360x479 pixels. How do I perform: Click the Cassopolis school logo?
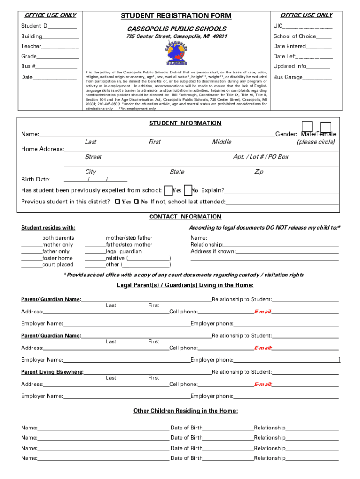coord(176,54)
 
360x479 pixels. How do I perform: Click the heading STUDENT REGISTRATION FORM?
coord(176,16)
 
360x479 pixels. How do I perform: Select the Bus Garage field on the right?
coord(302,77)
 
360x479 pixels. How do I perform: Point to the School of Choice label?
coord(295,36)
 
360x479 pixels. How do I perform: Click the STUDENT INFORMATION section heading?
coord(185,123)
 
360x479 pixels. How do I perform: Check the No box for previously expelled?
coord(187,190)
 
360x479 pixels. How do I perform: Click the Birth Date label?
coord(36,179)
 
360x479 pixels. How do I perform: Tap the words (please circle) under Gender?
coord(316,142)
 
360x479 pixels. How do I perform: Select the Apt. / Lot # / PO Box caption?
coord(261,157)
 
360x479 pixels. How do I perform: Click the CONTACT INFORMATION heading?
coord(185,217)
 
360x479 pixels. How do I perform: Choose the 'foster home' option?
coord(58,258)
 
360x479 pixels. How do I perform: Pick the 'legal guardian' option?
coord(124,251)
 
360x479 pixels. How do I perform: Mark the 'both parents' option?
coord(58,238)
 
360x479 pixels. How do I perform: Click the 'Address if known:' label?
coord(213,251)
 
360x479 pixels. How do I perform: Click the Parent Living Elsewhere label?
coord(52,372)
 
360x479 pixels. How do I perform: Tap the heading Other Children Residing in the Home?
coord(185,411)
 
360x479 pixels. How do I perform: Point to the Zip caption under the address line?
coord(259,172)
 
